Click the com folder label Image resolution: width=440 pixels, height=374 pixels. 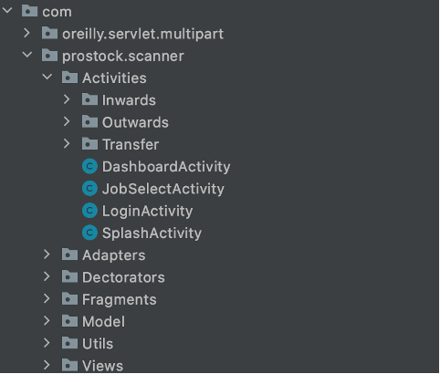pos(57,12)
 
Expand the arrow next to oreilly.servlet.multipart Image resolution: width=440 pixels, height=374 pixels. pos(27,33)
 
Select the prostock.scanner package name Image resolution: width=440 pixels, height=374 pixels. pos(123,57)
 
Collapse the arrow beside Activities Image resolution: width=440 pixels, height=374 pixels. pos(47,77)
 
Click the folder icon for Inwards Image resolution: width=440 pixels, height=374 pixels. pos(89,99)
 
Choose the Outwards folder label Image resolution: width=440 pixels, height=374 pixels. pos(135,122)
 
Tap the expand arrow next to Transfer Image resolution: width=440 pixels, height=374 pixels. pos(67,144)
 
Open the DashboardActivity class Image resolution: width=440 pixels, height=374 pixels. pos(166,167)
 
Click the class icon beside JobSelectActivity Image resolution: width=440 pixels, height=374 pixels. pos(89,189)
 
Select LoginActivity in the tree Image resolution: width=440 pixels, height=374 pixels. pos(147,212)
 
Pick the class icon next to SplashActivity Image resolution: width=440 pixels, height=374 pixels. pos(89,233)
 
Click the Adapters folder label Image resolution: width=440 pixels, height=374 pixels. pos(113,255)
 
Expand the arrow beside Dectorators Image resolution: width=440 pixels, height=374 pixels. pos(47,276)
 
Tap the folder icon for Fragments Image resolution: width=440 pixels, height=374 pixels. pos(69,299)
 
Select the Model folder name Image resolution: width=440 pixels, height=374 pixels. pos(103,322)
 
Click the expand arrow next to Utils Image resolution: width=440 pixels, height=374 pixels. pos(47,343)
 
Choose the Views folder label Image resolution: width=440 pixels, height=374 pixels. pos(102,366)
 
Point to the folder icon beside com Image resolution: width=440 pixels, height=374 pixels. pos(29,11)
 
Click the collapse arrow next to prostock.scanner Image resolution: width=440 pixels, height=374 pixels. pos(27,55)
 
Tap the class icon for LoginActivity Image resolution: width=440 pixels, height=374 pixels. pos(89,211)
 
